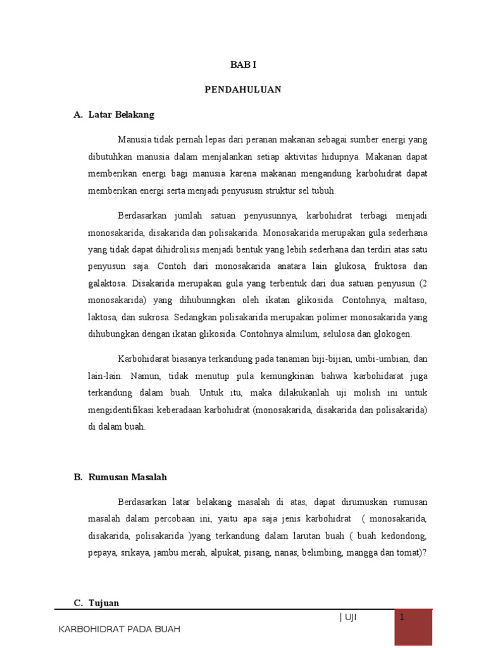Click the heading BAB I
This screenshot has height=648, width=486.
pos(242,65)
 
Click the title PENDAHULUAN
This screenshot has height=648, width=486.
pos(242,90)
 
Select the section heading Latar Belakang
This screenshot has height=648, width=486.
pos(121,115)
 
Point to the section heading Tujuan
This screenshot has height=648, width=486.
pos(104,603)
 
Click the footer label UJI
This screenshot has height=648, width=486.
pos(350,618)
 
